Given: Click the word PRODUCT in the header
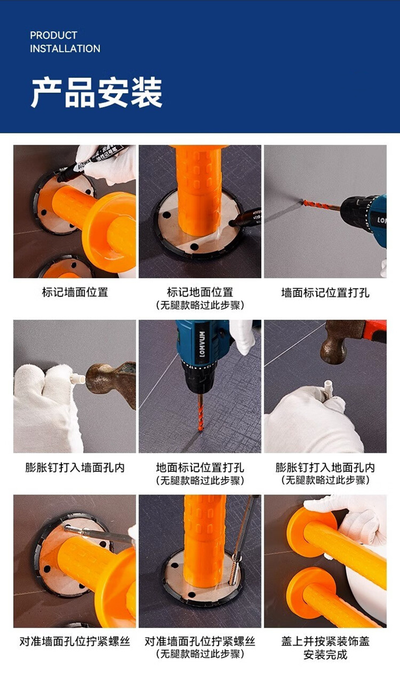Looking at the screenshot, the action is pos(54,35).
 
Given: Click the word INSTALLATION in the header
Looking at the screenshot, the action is pos(65,49).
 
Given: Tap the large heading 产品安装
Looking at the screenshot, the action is pos(97,92).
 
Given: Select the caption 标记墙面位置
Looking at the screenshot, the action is pos(75,292).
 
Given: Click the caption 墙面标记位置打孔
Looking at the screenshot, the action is pos(325,292).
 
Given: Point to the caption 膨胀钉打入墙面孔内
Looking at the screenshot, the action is pos(75,468).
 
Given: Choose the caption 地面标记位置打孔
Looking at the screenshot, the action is pos(200,468).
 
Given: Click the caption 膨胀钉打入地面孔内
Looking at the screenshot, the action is pos(325,468).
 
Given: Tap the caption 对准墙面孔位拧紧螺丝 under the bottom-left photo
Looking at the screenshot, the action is pos(75,642).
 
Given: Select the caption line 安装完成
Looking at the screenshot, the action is pos(325,655).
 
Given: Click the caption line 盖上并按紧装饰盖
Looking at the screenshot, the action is pos(325,642).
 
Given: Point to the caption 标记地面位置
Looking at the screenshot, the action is pos(200,292).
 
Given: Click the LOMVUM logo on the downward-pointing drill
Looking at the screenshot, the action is pos(202,344).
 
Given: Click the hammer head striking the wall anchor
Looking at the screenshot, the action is pos(100,378).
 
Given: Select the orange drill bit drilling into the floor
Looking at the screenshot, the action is pos(200,412).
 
